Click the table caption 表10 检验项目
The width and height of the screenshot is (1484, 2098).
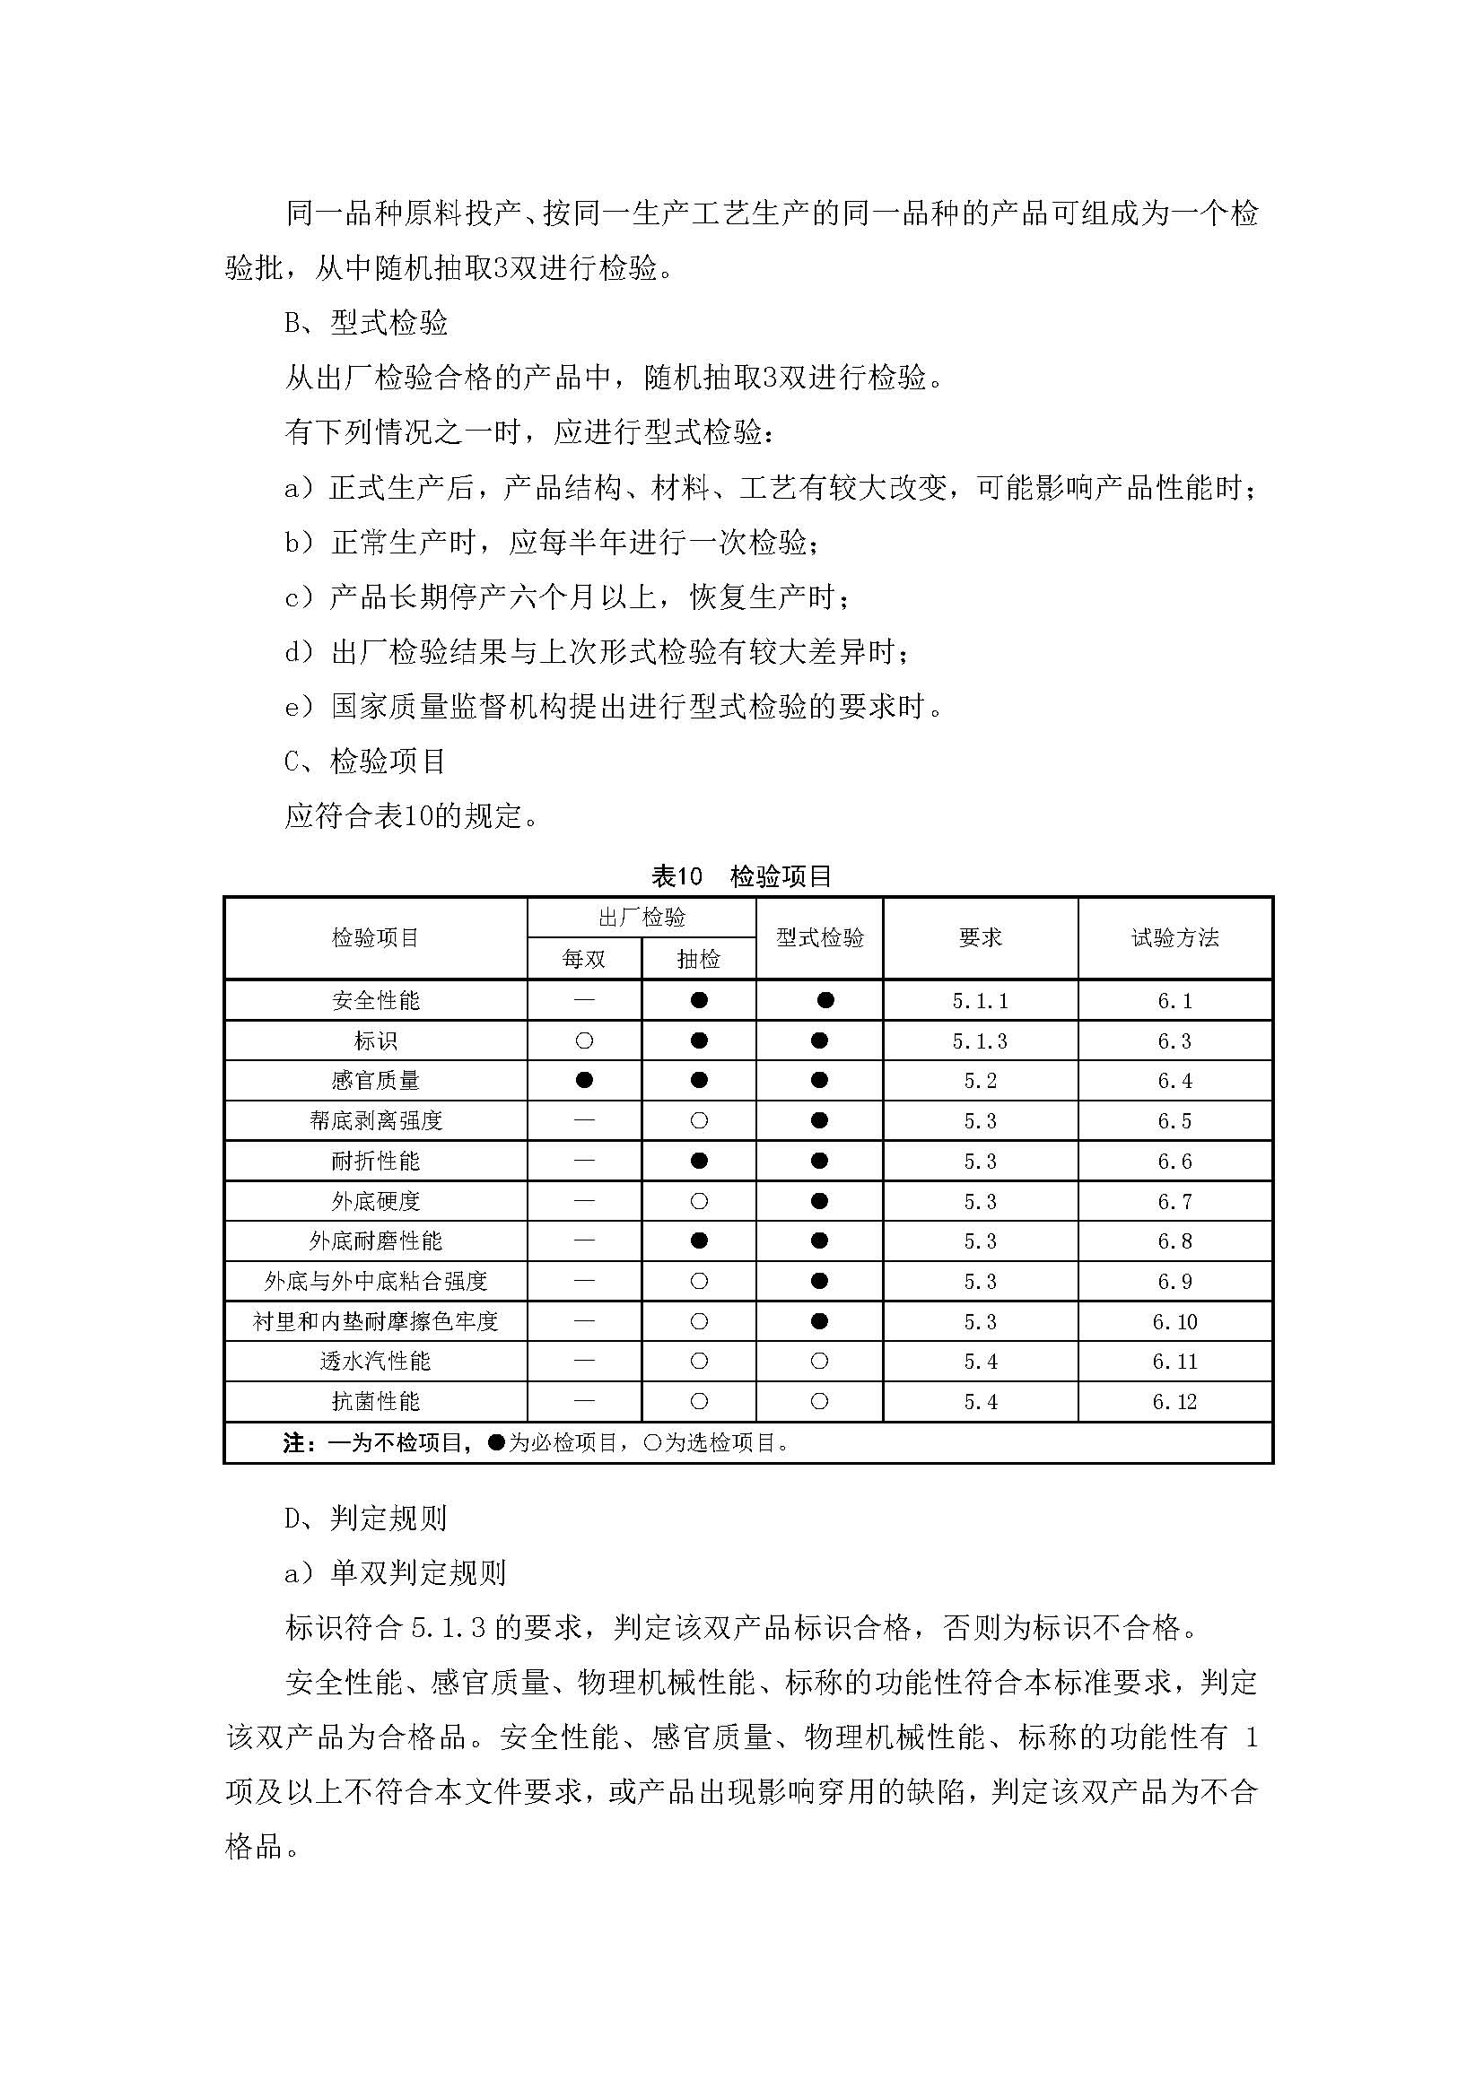click(x=741, y=876)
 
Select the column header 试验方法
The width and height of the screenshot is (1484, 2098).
click(x=1174, y=937)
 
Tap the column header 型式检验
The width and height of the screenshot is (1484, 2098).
click(x=820, y=937)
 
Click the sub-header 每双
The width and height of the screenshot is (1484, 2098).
click(x=584, y=959)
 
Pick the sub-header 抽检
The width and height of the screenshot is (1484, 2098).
click(x=699, y=959)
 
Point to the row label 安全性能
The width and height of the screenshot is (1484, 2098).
click(x=376, y=1001)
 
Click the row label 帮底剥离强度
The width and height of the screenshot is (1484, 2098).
click(x=376, y=1121)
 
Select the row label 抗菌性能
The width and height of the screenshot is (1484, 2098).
click(x=376, y=1402)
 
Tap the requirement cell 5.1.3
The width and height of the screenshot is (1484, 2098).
click(x=981, y=1040)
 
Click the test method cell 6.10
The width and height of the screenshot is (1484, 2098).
click(x=1174, y=1321)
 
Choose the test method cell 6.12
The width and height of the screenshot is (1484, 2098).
click(x=1174, y=1402)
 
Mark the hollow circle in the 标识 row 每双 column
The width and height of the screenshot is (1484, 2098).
click(x=585, y=1040)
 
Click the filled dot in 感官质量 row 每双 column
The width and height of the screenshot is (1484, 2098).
click(x=585, y=1080)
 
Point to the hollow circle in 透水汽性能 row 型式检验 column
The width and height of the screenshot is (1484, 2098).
click(x=820, y=1362)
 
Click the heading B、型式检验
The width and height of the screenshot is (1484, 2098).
click(x=366, y=323)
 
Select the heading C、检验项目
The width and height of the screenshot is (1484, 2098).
click(x=365, y=761)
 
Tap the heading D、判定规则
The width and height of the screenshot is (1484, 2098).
click(x=365, y=1518)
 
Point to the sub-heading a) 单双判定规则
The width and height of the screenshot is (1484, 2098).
click(x=395, y=1572)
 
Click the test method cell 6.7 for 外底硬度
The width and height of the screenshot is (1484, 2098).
click(x=1174, y=1202)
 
